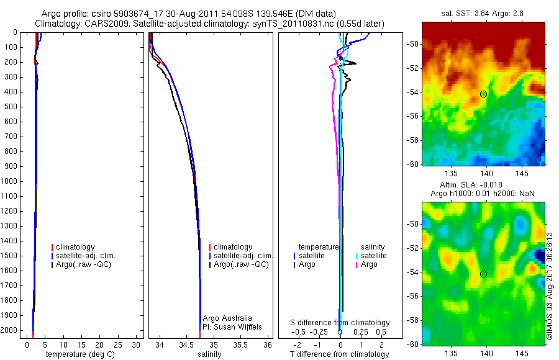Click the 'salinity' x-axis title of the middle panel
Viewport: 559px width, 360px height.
pyautogui.click(x=209, y=354)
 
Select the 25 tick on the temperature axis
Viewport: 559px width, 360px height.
pyautogui.click(x=118, y=344)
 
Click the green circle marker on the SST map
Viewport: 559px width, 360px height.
pyautogui.click(x=483, y=94)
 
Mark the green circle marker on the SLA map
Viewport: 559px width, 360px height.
pyautogui.click(x=483, y=274)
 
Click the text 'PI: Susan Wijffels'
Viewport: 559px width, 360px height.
pyautogui.click(x=232, y=326)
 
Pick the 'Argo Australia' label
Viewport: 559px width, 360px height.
pyautogui.click(x=227, y=318)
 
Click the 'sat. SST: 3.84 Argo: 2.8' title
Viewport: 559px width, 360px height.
pyautogui.click(x=483, y=14)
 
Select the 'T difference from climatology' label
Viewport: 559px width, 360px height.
pyautogui.click(x=339, y=354)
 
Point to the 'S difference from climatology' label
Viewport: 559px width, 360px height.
pyautogui.click(x=340, y=323)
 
